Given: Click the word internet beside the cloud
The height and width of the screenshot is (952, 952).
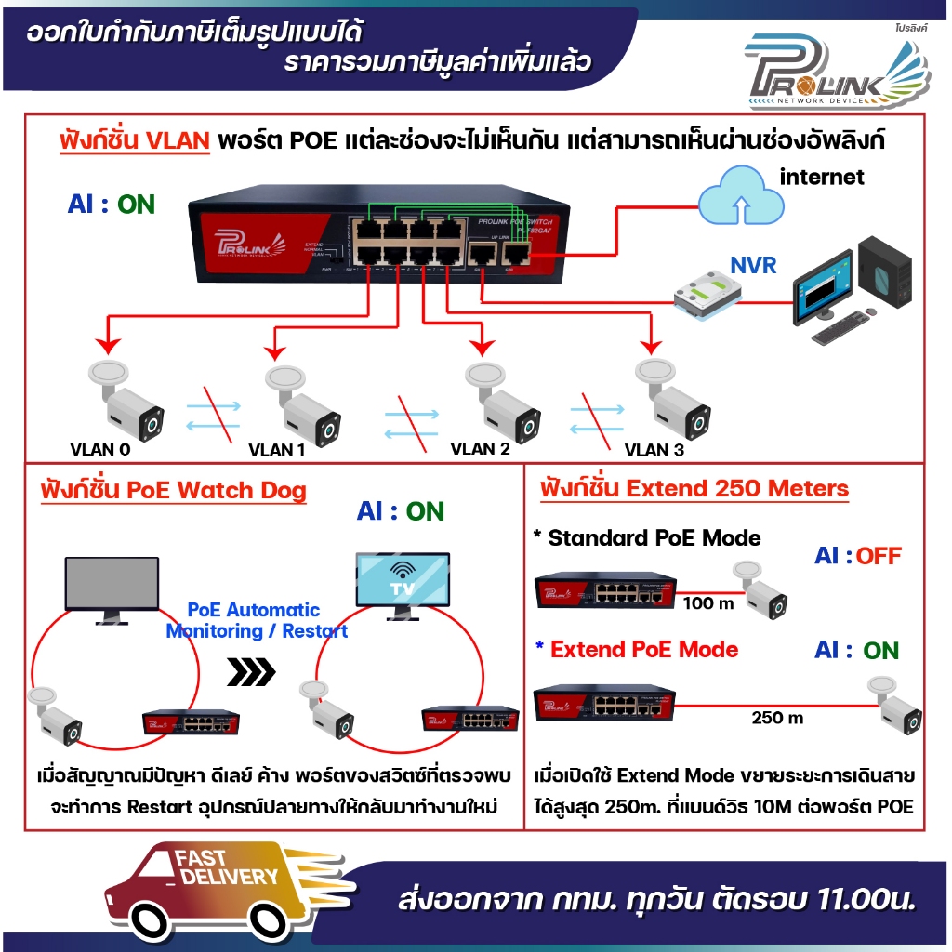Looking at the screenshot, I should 822,176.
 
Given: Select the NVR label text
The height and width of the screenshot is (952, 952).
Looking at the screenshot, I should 753,265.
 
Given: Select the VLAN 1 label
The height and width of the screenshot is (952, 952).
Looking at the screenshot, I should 277,450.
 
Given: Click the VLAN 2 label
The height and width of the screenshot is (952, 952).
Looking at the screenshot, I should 480,448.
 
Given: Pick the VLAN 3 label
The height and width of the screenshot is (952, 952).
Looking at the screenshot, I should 654,450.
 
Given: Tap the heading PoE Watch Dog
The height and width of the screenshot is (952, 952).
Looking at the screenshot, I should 174,490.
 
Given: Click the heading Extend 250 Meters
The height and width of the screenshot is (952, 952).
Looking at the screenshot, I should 694,488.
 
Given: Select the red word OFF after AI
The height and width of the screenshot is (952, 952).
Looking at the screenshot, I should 879,556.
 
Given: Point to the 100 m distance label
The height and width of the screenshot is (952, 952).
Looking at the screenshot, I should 708,603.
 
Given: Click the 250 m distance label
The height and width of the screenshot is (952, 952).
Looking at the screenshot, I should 777,718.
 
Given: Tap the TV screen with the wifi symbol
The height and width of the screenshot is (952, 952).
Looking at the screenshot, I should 403,583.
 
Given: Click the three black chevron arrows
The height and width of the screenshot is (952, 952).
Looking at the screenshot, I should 252,671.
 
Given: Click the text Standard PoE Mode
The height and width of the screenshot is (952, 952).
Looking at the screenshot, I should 647,537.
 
